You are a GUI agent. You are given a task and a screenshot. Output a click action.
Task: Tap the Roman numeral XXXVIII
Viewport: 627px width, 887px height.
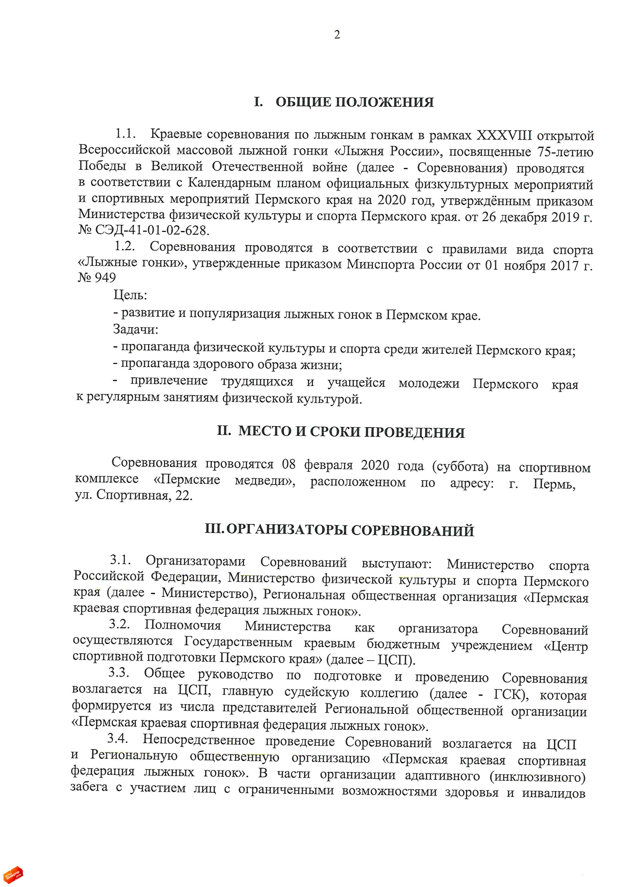(x=504, y=136)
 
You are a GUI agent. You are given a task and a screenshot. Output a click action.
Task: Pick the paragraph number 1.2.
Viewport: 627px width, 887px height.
(x=124, y=246)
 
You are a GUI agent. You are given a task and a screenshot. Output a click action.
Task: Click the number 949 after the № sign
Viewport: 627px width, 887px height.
(x=105, y=277)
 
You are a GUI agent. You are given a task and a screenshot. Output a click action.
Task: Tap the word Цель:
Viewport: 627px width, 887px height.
(x=130, y=295)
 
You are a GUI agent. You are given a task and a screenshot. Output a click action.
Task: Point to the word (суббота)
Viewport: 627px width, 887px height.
(x=460, y=466)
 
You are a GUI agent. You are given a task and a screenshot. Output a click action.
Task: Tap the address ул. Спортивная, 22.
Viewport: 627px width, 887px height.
(x=133, y=495)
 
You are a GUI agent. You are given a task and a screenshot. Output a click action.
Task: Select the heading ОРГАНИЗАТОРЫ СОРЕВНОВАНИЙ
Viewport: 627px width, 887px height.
(x=350, y=530)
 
